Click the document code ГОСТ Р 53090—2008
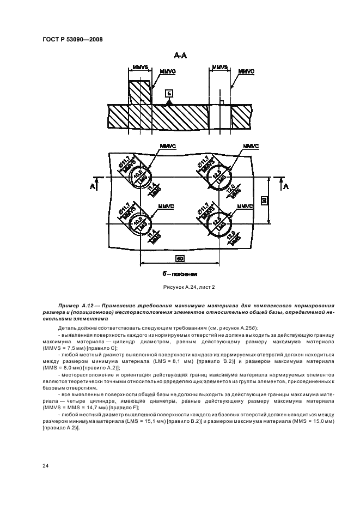point(72,39)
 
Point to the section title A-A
point(180,56)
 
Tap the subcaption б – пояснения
point(180,274)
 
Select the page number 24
point(45,465)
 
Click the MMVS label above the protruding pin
point(140,68)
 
